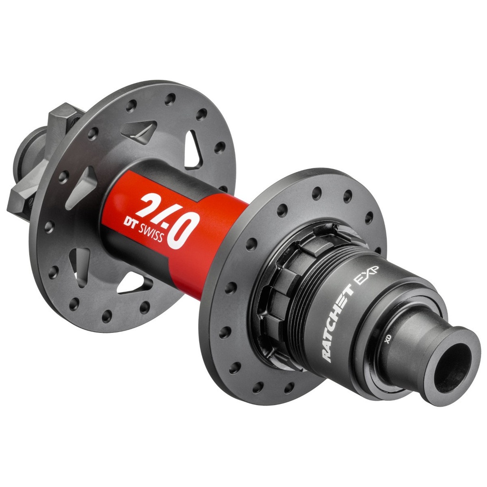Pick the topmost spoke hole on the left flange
pos(170,99)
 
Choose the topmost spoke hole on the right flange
pos(317,193)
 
